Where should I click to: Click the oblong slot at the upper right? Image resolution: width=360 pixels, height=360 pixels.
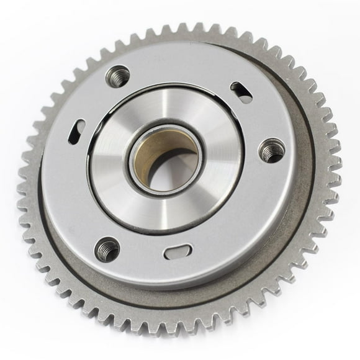pyautogui.click(x=242, y=92)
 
